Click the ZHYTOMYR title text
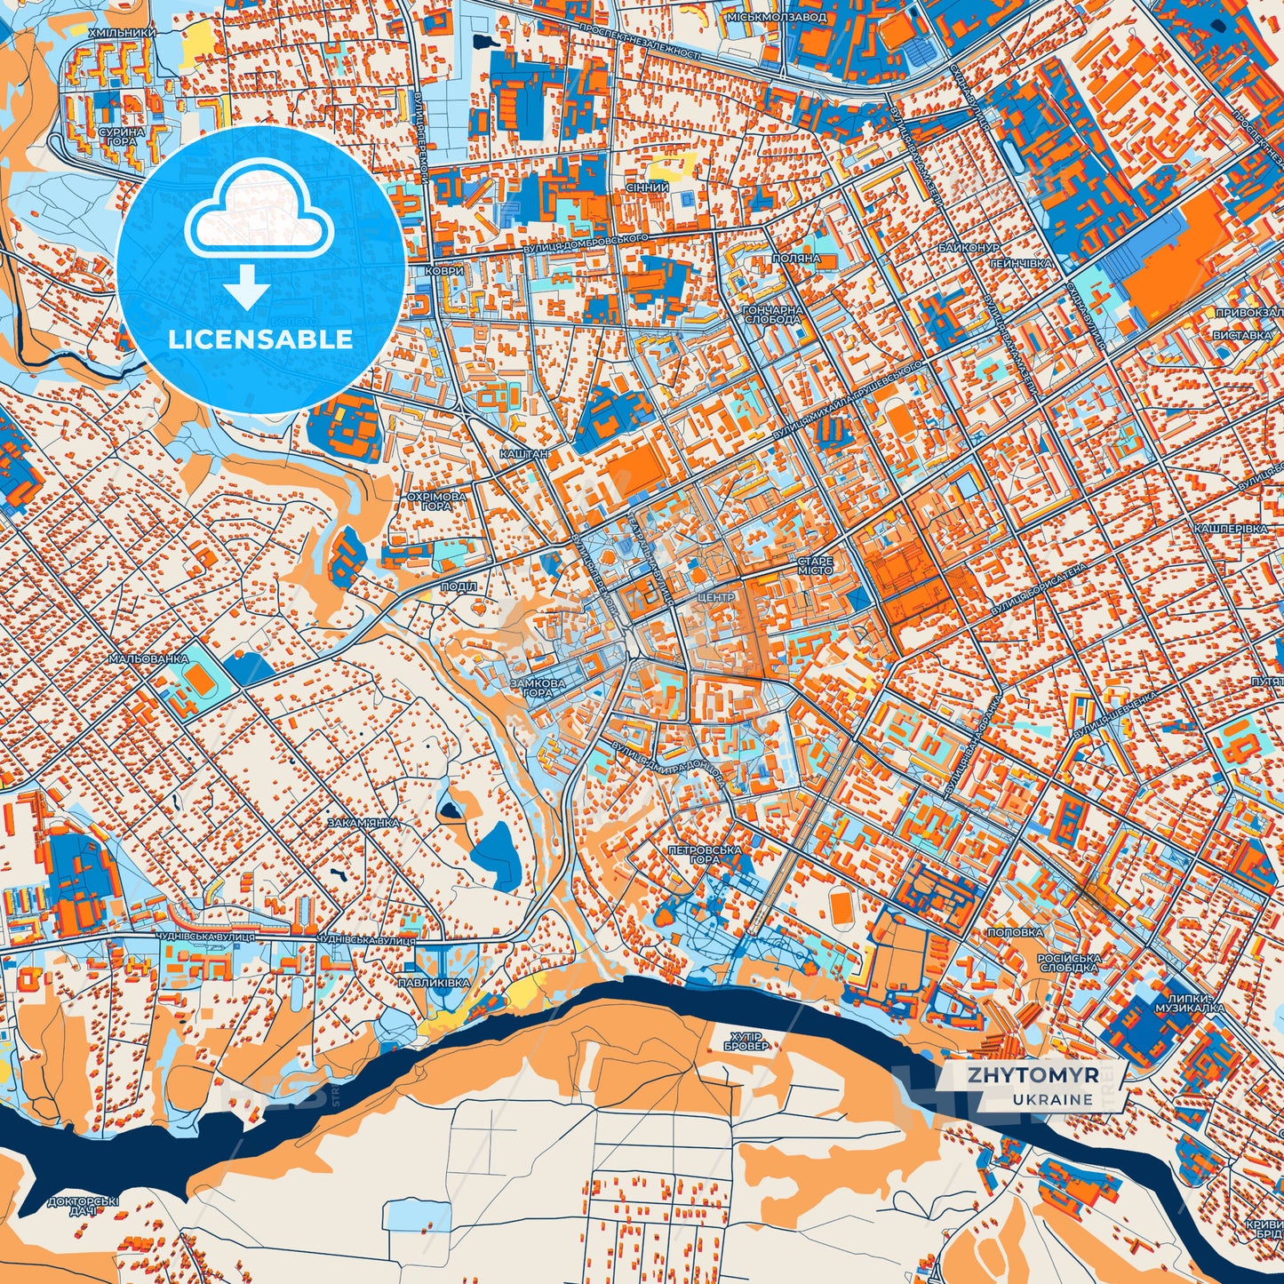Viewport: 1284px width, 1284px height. point(1033,1075)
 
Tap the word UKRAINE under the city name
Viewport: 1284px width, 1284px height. point(1052,1099)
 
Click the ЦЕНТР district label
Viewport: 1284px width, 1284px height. point(716,598)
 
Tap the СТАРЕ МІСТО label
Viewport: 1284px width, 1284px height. point(814,565)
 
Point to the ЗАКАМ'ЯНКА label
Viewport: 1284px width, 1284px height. point(363,823)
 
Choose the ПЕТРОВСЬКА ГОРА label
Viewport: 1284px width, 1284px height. point(704,855)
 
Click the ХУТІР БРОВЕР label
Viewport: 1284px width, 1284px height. point(746,1041)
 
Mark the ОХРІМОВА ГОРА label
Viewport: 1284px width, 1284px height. point(435,500)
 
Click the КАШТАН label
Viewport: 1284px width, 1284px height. point(523,453)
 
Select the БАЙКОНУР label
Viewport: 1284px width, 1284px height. point(969,247)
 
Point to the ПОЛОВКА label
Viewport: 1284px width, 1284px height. point(1015,932)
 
